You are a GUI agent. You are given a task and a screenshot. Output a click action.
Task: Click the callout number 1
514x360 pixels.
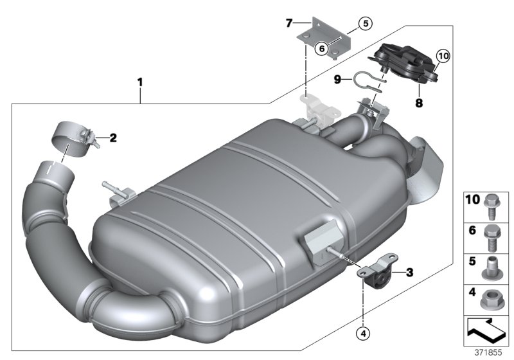coord(140,82)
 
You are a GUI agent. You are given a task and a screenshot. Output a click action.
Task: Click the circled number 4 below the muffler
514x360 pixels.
coord(364,334)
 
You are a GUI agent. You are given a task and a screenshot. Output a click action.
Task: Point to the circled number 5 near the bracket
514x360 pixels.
coord(364,24)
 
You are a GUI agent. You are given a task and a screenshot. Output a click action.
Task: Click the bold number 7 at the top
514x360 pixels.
coord(289,23)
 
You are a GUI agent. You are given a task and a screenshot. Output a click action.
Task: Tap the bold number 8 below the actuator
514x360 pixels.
coord(419,101)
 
